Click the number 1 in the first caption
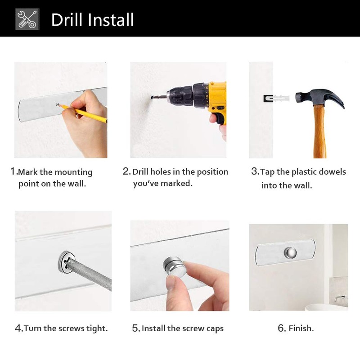click(x=13, y=171)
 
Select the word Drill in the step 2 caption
click(x=140, y=172)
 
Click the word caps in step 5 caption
click(x=214, y=328)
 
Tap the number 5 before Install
click(x=135, y=328)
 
